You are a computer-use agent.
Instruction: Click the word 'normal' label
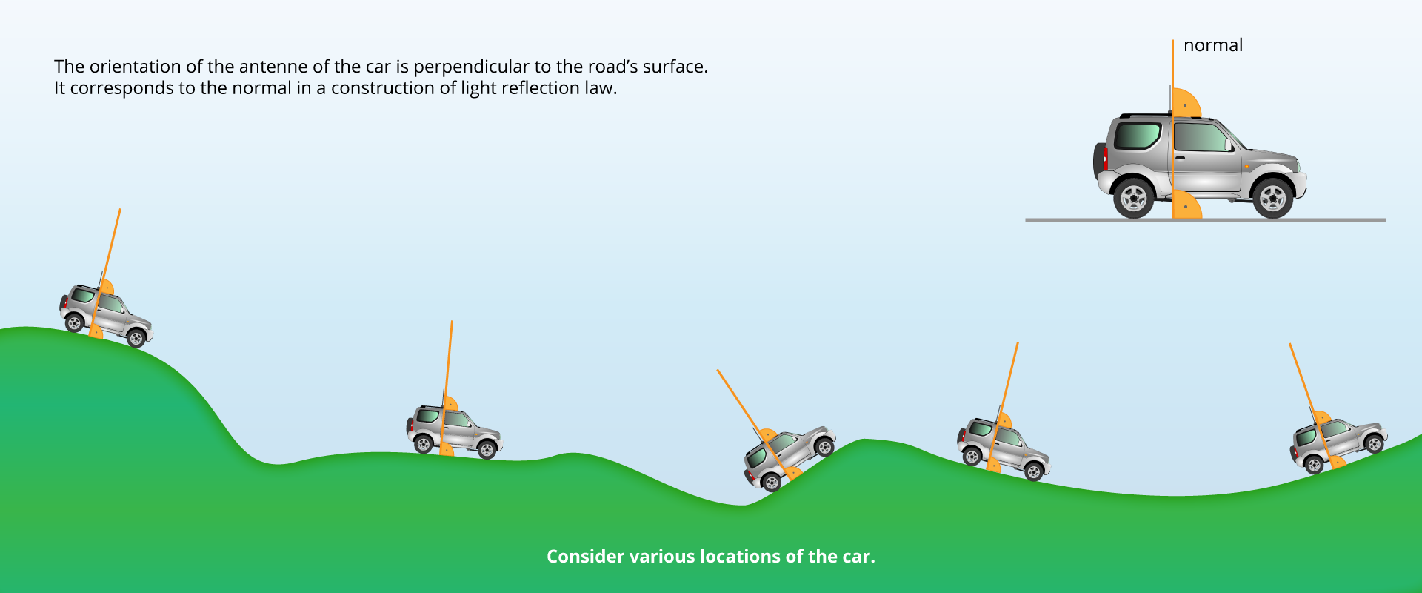[1213, 45]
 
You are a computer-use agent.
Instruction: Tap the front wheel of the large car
[1272, 197]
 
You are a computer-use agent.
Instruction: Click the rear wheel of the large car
[1134, 197]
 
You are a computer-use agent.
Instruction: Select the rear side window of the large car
[1137, 136]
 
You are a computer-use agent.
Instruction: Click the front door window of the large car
[1201, 138]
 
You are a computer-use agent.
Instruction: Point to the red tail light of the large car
[1105, 158]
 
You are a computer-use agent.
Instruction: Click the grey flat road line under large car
[1205, 220]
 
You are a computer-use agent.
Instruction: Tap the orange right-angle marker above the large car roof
[1186, 102]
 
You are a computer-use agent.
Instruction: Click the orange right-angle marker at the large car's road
[1186, 205]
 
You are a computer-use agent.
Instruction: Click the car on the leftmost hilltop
[106, 314]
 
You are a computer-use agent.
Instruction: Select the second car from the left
[454, 430]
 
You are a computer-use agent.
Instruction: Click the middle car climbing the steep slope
[790, 457]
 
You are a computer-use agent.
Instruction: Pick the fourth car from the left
[1004, 447]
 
